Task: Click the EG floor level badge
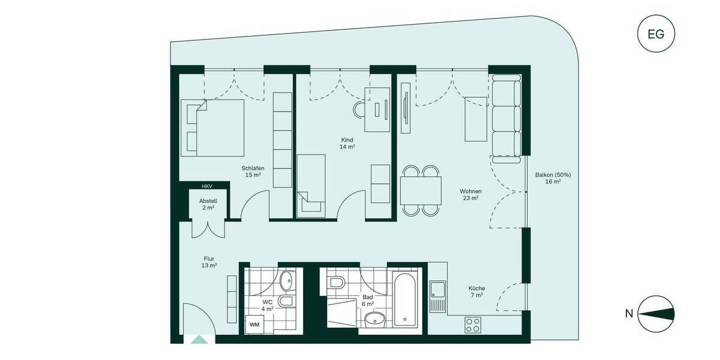656,34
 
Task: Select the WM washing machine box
254,325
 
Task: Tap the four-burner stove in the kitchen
473,325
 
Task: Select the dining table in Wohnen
421,190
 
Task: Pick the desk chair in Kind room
360,110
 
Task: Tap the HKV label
206,187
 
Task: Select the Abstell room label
208,204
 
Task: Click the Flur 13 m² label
209,262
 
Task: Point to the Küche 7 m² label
476,292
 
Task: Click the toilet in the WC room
286,301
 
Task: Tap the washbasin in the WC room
287,279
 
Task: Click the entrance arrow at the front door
199,340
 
